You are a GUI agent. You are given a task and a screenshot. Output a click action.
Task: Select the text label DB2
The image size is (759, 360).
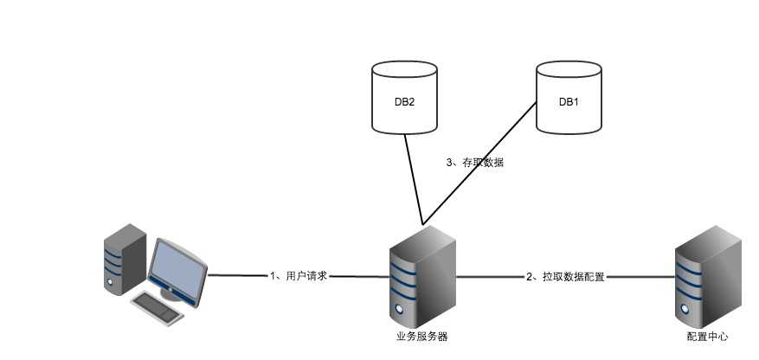[x=404, y=102]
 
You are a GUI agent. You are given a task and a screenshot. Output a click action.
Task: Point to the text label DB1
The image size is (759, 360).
[x=568, y=102]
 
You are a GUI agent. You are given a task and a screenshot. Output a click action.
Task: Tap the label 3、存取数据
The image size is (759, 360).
[x=475, y=162]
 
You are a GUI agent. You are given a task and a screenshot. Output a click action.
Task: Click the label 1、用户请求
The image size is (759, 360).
[x=298, y=276]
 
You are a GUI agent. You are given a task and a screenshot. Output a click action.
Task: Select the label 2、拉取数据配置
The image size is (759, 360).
[x=565, y=277]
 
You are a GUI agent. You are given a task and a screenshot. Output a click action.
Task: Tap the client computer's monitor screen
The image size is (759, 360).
[x=177, y=269]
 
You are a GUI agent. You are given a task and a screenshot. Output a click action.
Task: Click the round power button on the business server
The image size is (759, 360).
[x=399, y=308]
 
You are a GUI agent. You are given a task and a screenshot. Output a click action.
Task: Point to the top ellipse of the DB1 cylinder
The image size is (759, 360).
[x=568, y=68]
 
